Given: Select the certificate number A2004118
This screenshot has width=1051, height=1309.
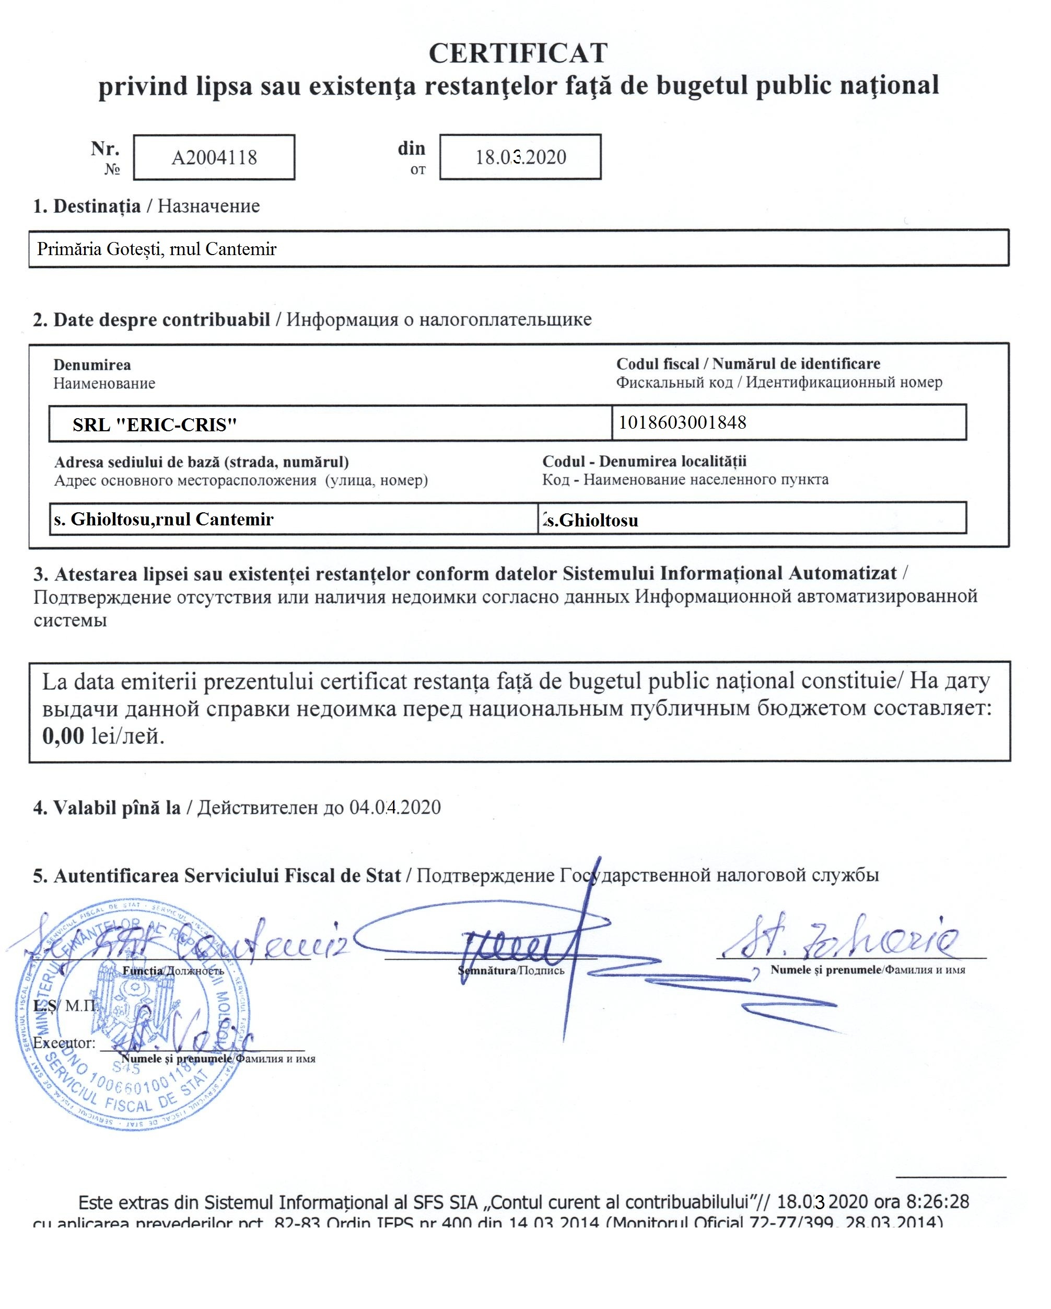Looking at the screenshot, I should (214, 158).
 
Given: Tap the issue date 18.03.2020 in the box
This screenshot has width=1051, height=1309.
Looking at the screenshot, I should (520, 157).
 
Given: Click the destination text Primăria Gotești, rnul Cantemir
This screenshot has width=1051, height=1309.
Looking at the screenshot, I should (157, 249).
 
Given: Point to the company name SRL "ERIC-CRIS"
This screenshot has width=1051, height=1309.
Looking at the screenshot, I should (154, 424).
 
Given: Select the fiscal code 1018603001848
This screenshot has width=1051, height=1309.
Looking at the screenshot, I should (682, 422).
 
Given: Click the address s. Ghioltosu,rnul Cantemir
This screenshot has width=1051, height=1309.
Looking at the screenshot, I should (164, 519).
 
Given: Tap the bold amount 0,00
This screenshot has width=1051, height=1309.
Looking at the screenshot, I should (63, 736).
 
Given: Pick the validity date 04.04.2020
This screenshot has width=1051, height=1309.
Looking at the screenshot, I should (394, 808).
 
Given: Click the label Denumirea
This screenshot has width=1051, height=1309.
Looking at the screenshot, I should (92, 365).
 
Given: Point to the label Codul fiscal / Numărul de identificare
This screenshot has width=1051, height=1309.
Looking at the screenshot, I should (748, 364).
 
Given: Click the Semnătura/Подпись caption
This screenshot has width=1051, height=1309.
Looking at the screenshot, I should (511, 971).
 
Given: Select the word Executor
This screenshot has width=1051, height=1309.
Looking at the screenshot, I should (64, 1043).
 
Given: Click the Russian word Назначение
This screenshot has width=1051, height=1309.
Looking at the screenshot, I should (209, 206).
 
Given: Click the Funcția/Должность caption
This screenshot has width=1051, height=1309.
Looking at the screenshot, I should (173, 971).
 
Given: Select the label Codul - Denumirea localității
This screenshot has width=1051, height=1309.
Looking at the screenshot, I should (644, 461).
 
